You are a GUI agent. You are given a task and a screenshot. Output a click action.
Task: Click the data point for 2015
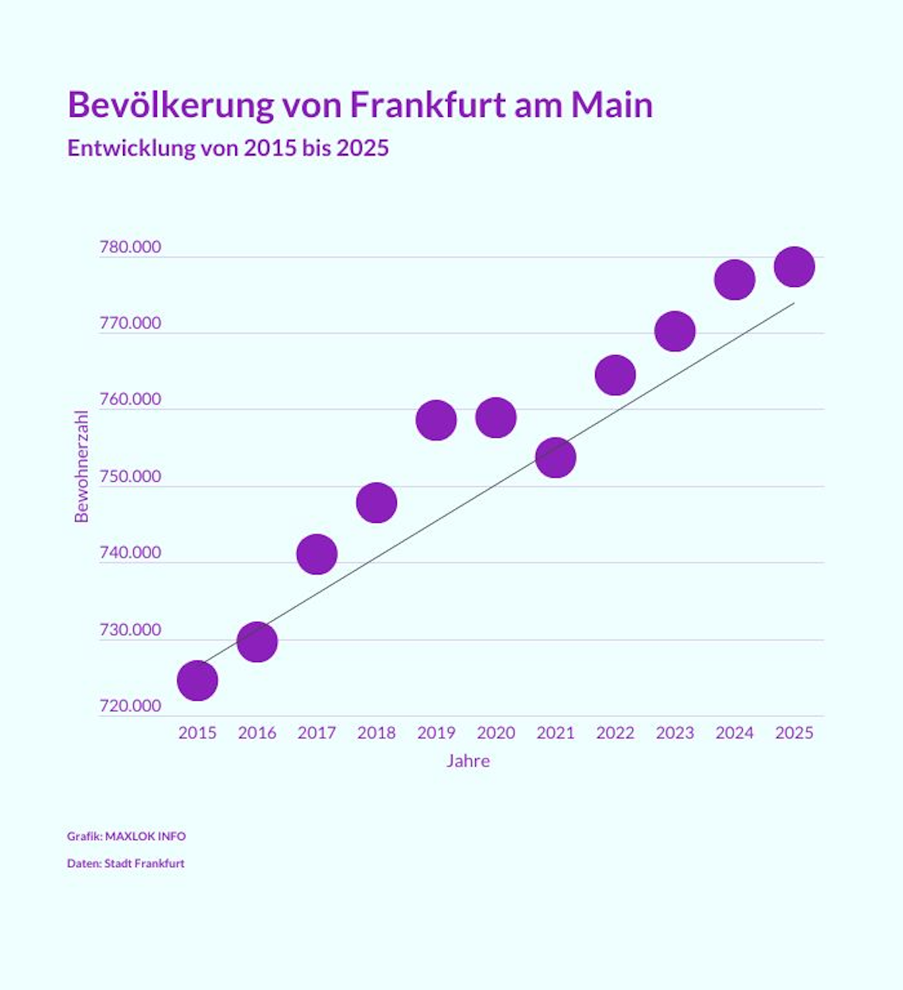197,681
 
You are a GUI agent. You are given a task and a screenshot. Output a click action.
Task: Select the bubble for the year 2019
436,420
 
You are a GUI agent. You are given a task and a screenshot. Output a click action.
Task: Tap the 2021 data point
556,457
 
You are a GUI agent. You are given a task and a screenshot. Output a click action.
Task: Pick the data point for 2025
795,267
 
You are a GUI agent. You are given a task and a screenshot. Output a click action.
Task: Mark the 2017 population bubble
316,554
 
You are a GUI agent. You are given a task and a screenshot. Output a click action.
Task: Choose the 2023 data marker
675,331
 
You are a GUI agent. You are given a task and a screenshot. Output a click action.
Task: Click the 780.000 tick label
131,247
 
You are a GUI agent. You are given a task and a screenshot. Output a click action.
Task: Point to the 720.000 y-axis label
131,705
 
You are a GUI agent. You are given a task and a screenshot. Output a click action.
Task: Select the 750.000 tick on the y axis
131,476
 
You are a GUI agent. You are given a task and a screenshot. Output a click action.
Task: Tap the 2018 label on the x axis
376,732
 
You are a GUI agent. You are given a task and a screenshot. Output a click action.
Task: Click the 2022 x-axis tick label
615,732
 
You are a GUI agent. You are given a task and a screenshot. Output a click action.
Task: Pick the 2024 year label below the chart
734,732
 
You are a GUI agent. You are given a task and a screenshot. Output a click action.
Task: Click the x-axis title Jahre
468,761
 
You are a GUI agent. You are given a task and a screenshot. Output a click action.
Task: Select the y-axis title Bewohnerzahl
82,466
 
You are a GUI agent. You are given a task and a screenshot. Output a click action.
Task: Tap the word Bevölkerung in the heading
171,104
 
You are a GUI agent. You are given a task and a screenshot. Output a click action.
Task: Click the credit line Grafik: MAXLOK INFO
126,836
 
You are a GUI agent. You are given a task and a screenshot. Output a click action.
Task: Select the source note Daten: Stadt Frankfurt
125,863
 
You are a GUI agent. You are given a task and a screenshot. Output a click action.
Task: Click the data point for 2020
496,418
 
